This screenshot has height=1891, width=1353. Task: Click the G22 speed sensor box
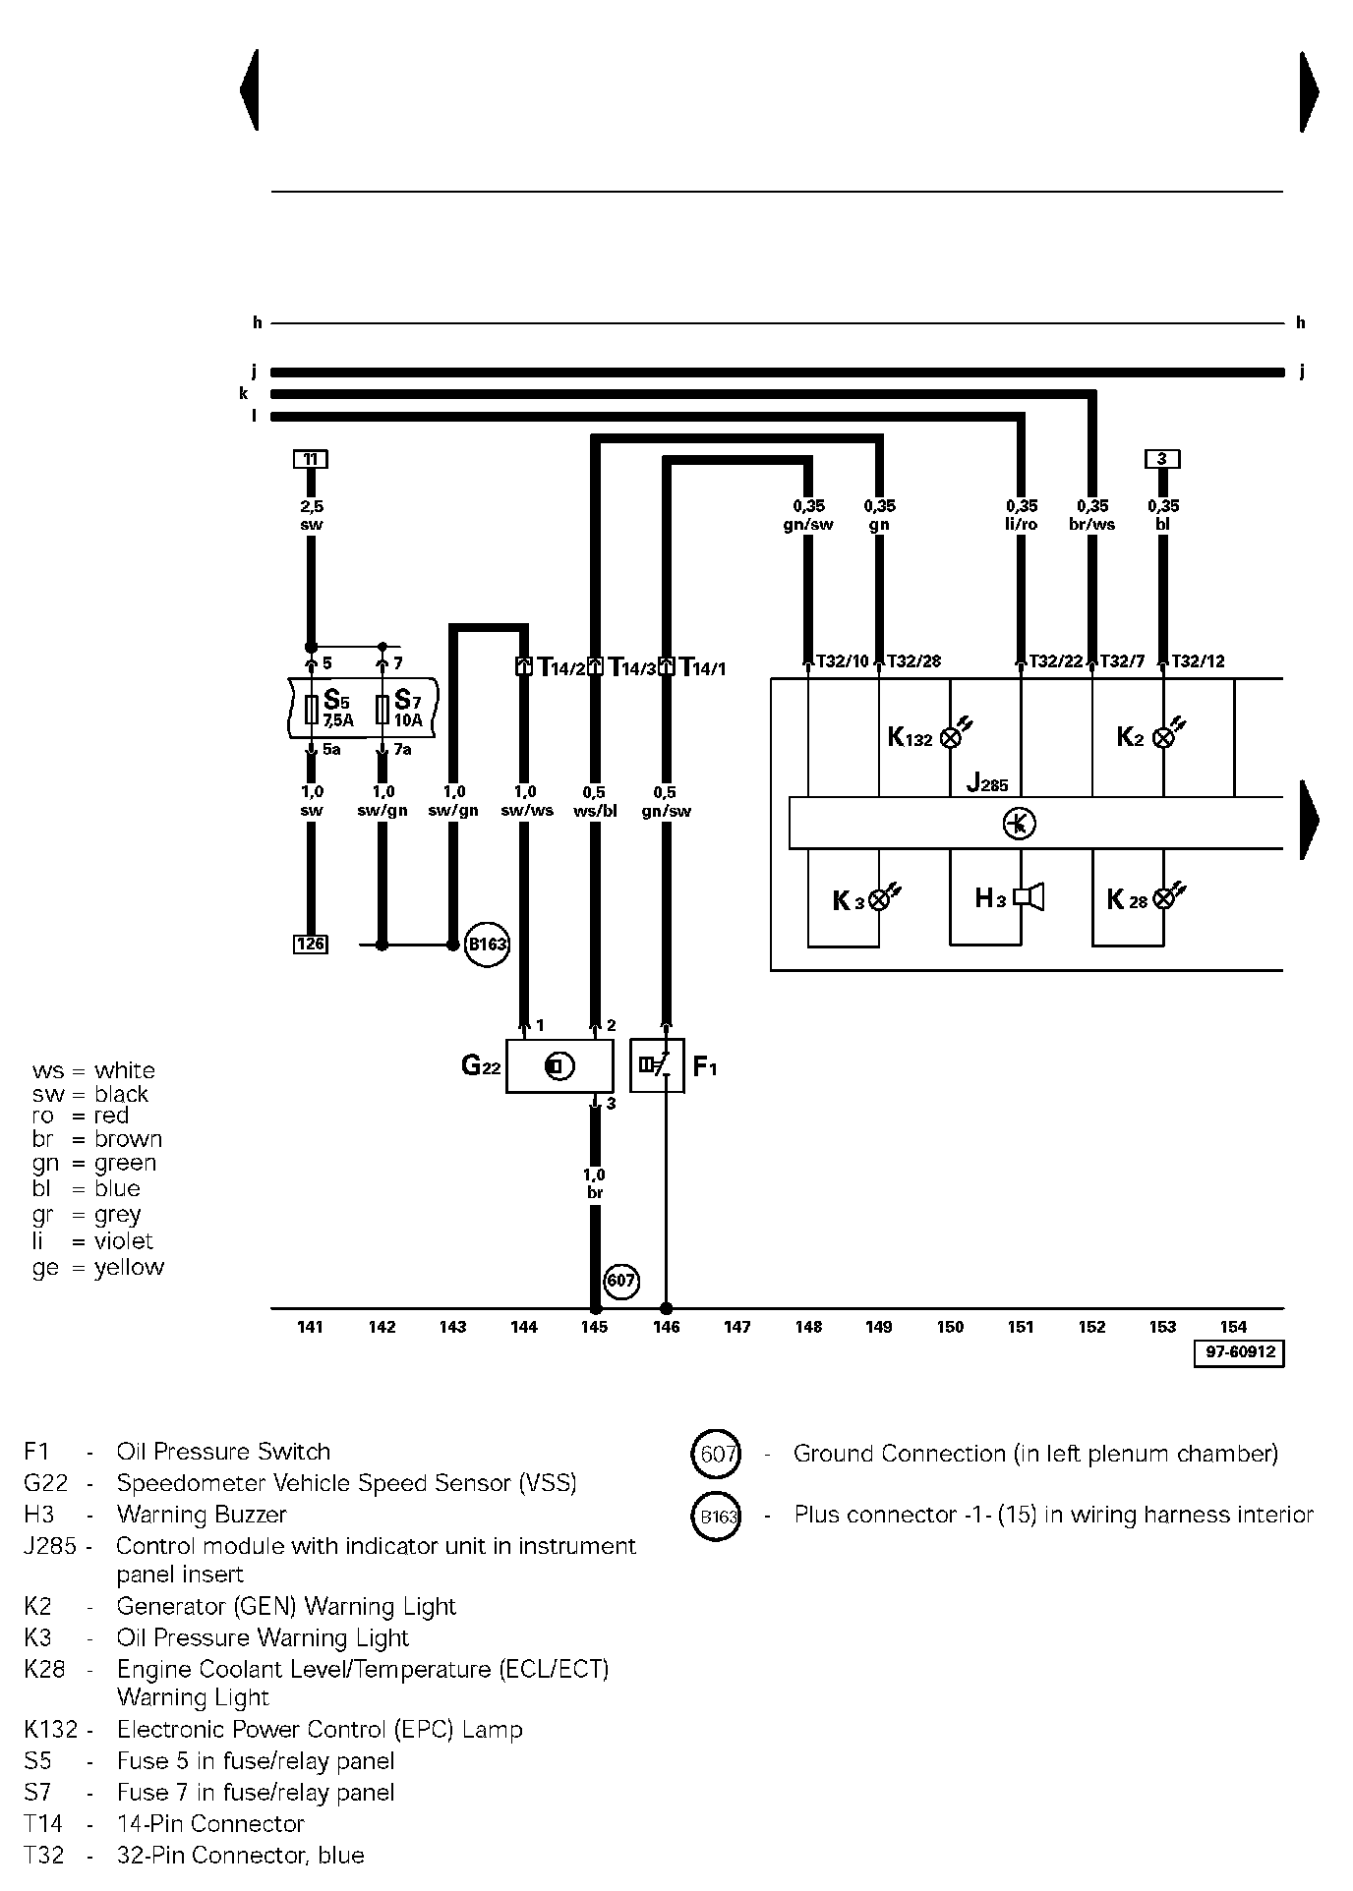point(559,1066)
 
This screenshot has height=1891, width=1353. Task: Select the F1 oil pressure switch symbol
point(657,1066)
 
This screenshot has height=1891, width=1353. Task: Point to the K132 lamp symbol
point(951,737)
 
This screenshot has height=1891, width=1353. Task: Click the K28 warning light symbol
point(1164,897)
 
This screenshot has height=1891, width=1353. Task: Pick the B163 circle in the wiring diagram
point(486,945)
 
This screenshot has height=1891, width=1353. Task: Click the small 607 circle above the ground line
point(620,1281)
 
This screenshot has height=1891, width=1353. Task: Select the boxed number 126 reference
point(311,945)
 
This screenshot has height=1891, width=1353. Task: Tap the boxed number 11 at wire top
point(311,459)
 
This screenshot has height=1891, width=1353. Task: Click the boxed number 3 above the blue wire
point(1162,459)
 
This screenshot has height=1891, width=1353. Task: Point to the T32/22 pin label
point(1056,661)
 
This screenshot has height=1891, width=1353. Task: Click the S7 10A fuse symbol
point(382,709)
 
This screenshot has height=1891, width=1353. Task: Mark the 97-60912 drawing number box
point(1240,1352)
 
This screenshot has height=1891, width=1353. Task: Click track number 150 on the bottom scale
point(950,1328)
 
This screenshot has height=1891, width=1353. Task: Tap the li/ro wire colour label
point(1021,525)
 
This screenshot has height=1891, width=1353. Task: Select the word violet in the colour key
point(124,1241)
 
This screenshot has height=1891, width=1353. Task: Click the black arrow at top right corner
point(1309,91)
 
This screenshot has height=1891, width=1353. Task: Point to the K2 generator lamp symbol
point(1163,737)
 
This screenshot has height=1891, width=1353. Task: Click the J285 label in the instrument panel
point(986,783)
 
